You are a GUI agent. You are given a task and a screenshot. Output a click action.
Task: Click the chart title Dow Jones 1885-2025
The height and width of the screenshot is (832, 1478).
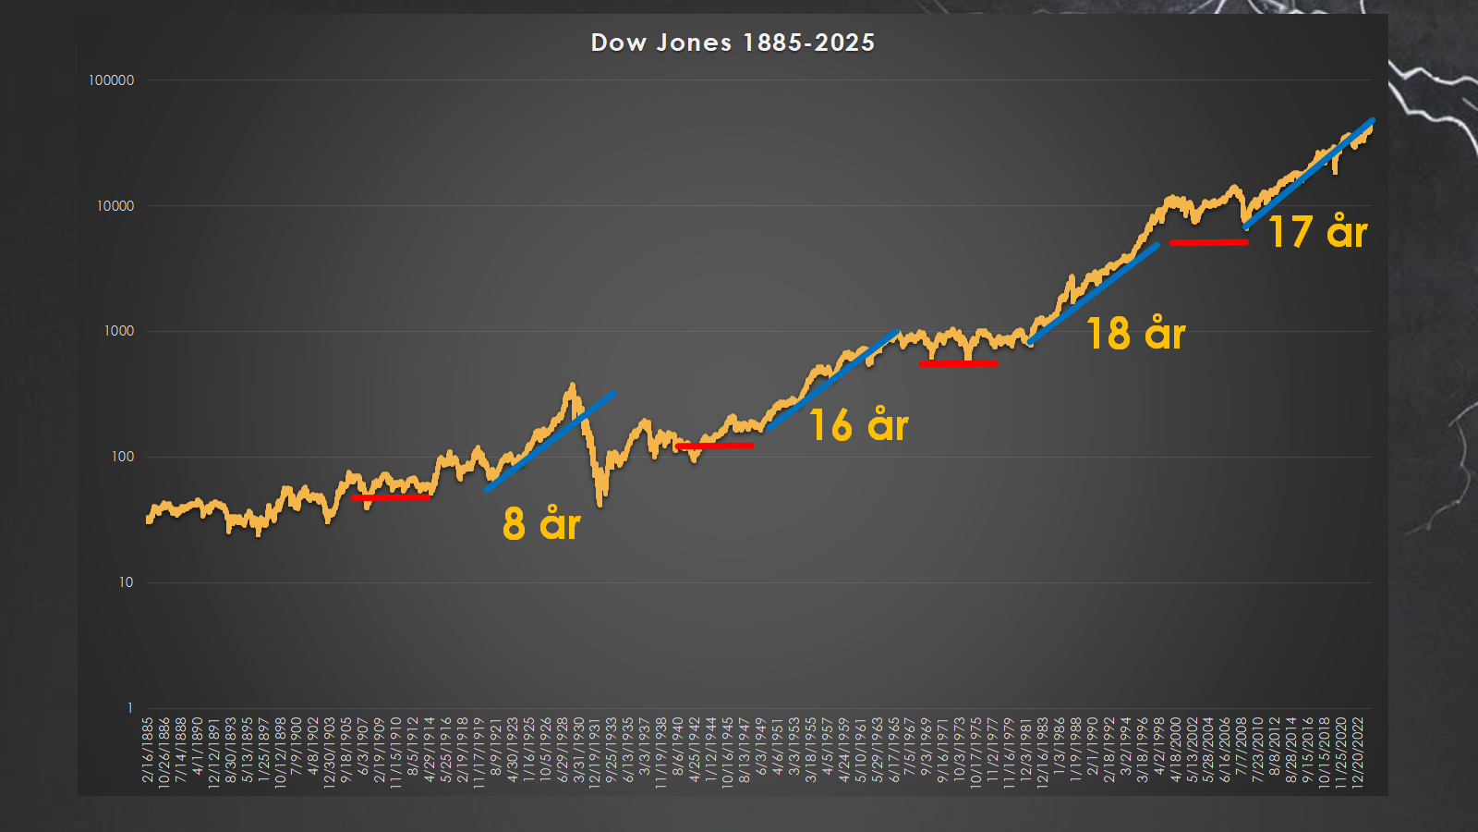click(733, 43)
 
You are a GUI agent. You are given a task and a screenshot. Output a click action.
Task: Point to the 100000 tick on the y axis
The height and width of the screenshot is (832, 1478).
click(112, 80)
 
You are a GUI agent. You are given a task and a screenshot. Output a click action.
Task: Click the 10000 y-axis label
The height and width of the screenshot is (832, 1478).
click(115, 206)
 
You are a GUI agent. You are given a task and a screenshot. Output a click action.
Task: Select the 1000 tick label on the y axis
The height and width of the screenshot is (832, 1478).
click(119, 331)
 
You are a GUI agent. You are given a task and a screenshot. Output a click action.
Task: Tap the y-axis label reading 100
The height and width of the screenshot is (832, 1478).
click(123, 457)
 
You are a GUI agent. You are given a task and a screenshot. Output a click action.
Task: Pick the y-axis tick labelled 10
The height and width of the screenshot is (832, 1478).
click(126, 582)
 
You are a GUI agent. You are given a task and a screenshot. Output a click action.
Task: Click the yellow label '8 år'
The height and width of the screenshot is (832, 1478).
click(541, 524)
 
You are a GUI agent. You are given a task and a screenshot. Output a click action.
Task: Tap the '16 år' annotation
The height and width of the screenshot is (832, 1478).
click(859, 425)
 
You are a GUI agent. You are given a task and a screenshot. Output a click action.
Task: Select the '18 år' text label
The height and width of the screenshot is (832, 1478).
click(1135, 334)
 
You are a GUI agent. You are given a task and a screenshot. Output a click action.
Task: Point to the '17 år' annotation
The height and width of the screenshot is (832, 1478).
click(1317, 232)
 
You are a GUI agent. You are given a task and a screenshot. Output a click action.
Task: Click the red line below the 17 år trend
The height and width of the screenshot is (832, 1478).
click(1208, 242)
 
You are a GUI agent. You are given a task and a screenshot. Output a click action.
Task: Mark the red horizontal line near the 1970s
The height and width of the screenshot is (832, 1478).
click(958, 363)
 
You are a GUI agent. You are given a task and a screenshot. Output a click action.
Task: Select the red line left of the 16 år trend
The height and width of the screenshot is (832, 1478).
click(714, 446)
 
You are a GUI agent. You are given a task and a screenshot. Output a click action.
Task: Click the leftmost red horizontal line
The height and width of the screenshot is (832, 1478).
click(390, 497)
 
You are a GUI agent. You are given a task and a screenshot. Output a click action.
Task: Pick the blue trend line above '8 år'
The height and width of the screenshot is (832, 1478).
click(550, 442)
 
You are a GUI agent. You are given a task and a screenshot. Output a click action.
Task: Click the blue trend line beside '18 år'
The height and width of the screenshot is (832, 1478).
click(1093, 294)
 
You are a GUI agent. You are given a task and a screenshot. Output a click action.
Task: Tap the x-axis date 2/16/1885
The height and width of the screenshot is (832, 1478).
click(148, 751)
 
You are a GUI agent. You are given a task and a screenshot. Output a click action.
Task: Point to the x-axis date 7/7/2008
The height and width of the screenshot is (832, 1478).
click(1242, 751)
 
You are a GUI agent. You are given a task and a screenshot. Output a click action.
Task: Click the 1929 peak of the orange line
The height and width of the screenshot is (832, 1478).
click(573, 385)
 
